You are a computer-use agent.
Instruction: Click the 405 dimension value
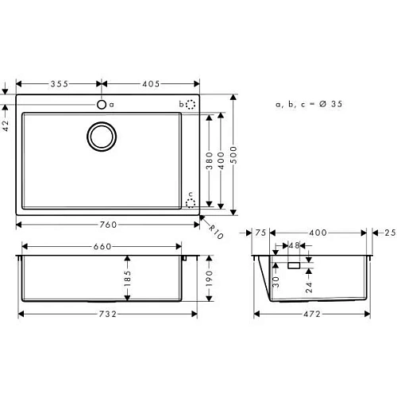point(151,83)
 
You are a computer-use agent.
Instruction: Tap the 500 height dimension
point(233,156)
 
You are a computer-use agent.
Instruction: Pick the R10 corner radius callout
point(214,229)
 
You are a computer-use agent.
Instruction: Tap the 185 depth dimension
point(127,279)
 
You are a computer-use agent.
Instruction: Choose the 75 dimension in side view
point(262,232)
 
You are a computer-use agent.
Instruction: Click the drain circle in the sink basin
point(102,135)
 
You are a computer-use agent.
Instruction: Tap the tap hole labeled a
point(102,104)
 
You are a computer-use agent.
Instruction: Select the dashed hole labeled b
point(191,104)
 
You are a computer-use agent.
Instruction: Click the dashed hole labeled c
point(191,202)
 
